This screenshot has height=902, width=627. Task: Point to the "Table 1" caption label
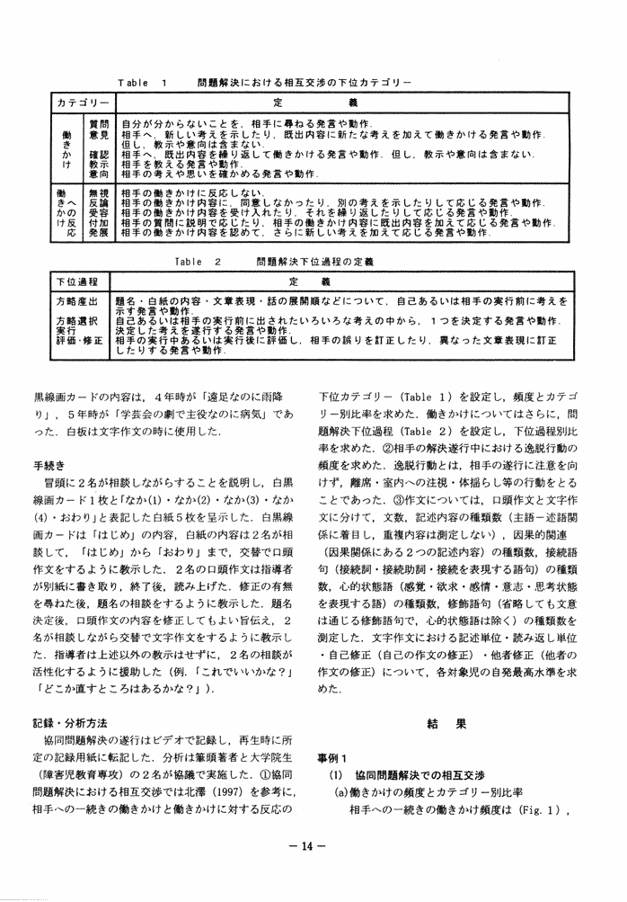(x=143, y=82)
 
